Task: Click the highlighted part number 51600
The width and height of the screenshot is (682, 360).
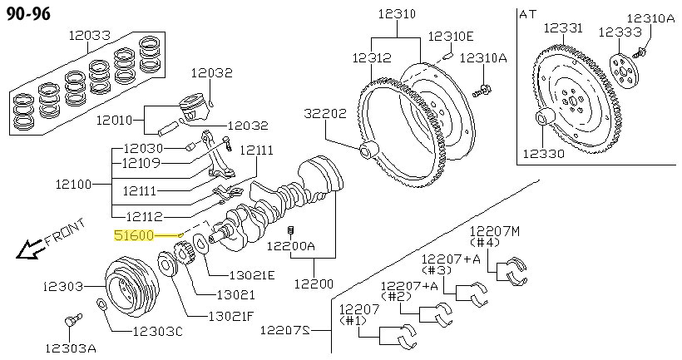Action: click(133, 235)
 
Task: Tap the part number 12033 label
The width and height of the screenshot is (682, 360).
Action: click(89, 36)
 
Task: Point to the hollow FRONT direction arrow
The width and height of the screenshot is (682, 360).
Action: click(31, 248)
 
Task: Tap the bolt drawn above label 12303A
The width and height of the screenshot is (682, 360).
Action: click(70, 320)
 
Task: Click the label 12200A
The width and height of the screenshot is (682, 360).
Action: click(291, 246)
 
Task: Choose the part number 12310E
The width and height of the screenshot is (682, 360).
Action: click(450, 36)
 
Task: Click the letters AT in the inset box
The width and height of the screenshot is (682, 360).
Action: click(528, 13)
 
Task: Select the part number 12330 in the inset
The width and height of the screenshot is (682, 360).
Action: click(544, 153)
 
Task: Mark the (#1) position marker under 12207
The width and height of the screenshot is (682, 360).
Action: click(353, 320)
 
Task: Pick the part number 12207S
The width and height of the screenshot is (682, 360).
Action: click(284, 330)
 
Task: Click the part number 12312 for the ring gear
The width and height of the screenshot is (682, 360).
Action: click(371, 58)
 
